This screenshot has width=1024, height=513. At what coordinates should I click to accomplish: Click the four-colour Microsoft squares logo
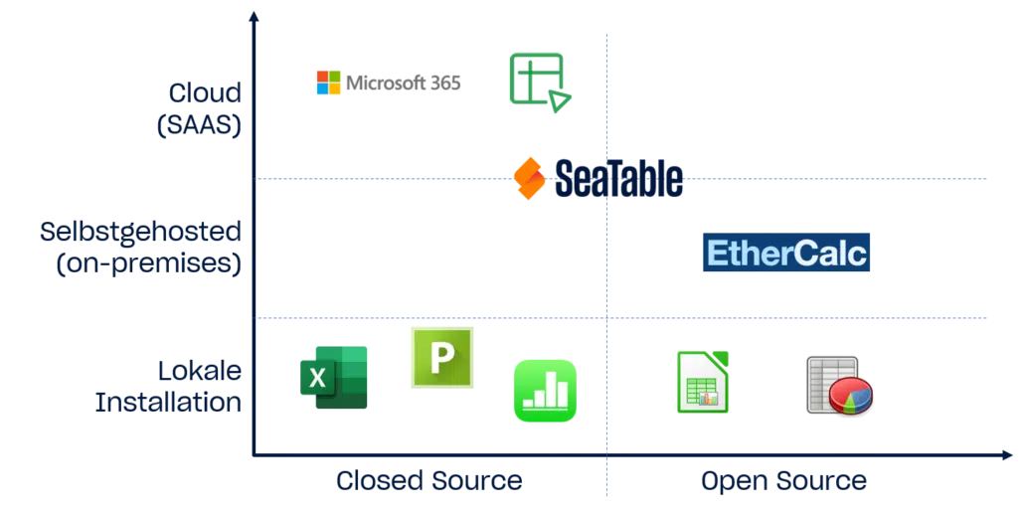(327, 82)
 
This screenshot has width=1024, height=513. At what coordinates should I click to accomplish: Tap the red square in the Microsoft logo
(320, 75)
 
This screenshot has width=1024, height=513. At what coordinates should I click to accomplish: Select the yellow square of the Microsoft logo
(335, 88)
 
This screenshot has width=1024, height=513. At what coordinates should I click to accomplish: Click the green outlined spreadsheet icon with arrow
(539, 80)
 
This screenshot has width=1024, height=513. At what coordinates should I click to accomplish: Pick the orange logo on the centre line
(530, 179)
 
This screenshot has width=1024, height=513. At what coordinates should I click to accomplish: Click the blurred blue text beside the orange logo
(617, 177)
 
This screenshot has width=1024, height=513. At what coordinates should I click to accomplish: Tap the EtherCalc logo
(786, 255)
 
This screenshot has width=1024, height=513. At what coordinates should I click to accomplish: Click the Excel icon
(335, 378)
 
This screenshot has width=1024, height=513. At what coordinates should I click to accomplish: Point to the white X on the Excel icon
(317, 378)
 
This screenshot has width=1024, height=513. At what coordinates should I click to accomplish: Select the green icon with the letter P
(441, 357)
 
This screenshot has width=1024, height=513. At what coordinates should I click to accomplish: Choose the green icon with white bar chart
(544, 392)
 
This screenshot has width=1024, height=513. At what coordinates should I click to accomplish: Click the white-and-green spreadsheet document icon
(703, 381)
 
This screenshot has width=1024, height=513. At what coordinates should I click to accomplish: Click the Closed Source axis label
(428, 481)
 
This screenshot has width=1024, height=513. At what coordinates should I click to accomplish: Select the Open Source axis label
(783, 481)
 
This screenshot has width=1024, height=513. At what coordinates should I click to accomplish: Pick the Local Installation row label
(169, 388)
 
